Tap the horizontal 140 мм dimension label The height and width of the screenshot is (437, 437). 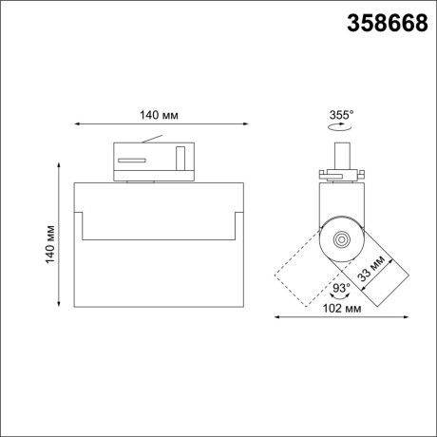coord(160,115)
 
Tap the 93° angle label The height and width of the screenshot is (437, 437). coord(341,288)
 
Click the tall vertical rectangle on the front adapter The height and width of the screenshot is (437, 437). coord(180,157)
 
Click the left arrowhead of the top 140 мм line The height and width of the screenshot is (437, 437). coord(76,124)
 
